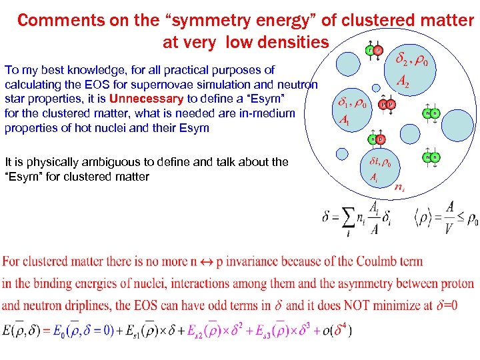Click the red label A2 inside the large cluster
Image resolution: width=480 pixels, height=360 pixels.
point(403,81)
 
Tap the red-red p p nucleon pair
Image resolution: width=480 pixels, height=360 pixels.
point(386,104)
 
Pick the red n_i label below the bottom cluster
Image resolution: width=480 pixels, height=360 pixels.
point(399,189)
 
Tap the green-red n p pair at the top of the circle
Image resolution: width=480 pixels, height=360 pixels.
point(373,51)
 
